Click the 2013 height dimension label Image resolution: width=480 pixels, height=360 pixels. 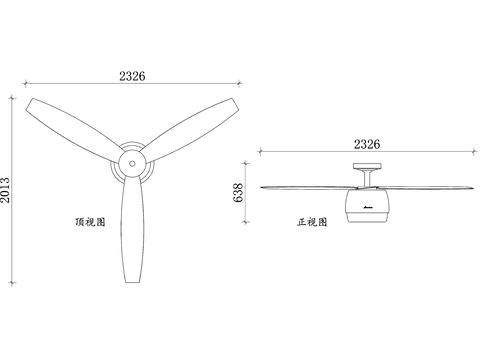point(5,190)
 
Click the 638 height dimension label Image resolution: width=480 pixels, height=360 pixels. point(238,192)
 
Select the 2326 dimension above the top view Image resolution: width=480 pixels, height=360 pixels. point(132,76)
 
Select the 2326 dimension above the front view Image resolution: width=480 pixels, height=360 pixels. point(367,144)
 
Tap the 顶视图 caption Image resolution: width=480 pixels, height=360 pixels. point(90,222)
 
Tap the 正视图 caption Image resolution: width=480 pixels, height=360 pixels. point(312,222)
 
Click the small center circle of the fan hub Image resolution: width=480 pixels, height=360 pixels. point(132,164)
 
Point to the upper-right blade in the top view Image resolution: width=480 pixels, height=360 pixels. point(191,128)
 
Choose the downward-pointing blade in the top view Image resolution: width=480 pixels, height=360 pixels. point(133,229)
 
